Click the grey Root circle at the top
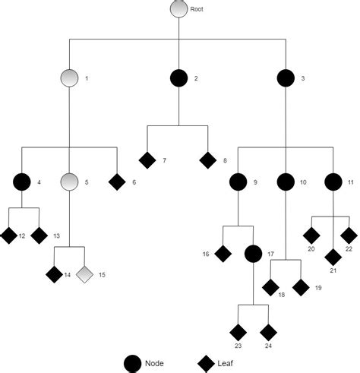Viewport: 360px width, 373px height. tap(178, 9)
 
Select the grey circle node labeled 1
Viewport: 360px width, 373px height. tap(70, 77)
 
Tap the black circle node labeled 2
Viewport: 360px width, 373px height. tap(178, 77)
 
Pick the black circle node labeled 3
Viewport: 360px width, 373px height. tap(286, 77)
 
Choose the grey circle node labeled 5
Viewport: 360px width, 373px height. tap(70, 182)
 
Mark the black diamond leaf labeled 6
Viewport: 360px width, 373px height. tap(117, 182)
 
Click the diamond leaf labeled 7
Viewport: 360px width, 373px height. tap(147, 160)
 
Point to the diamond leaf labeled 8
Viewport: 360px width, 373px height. tap(207, 160)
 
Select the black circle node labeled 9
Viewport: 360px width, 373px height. tap(238, 182)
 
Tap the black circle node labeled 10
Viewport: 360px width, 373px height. tap(286, 182)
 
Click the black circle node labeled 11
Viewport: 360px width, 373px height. tap(333, 182)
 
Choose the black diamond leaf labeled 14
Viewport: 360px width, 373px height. tap(55, 273)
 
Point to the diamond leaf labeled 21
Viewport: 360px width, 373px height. tap(333, 257)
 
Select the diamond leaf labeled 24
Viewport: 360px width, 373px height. tap(268, 332)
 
